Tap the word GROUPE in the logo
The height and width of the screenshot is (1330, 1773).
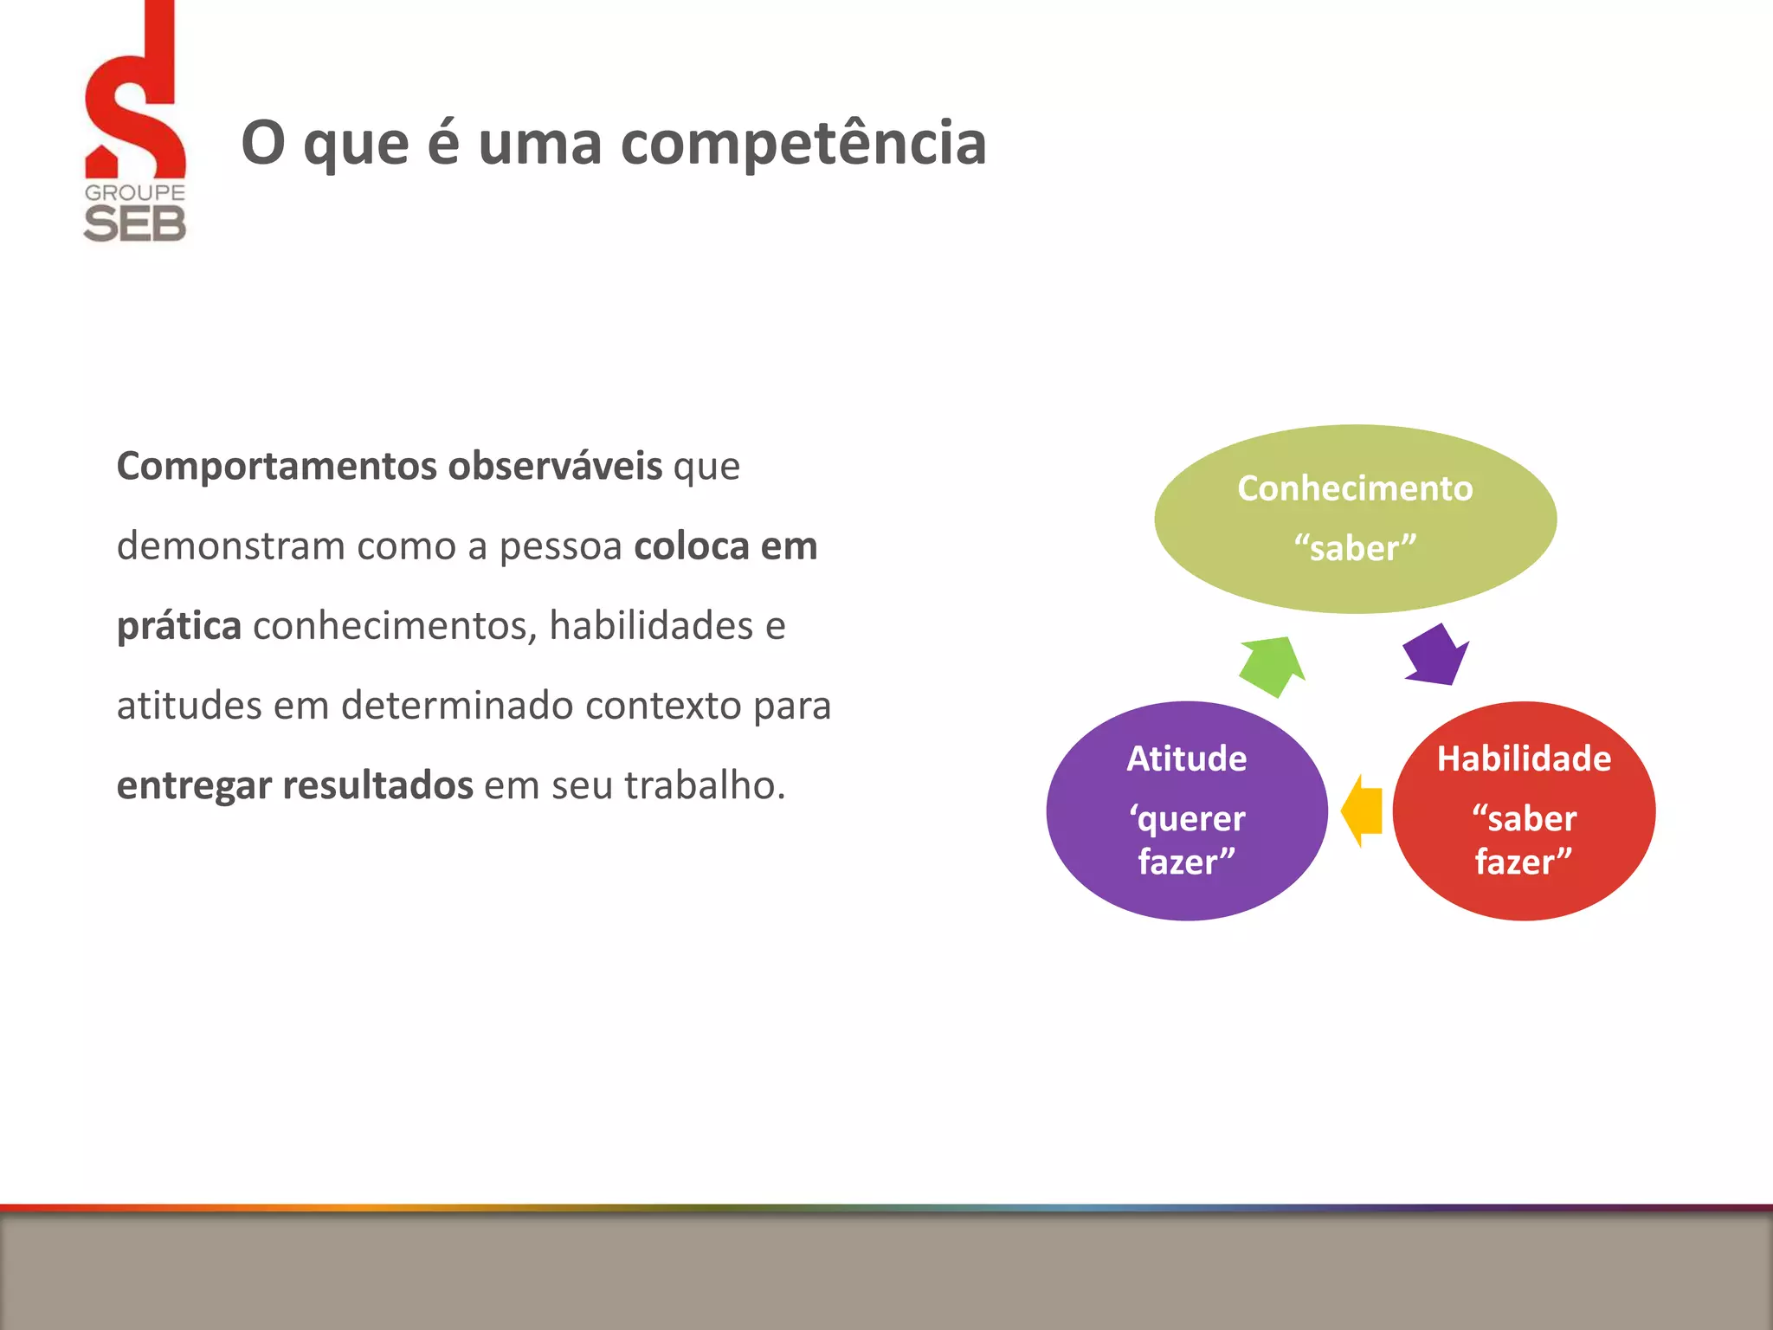(135, 192)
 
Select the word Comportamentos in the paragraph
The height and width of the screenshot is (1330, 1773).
(277, 467)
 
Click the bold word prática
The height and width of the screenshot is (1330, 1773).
(178, 626)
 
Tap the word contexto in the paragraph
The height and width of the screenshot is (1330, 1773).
(663, 705)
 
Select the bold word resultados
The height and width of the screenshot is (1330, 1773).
(377, 785)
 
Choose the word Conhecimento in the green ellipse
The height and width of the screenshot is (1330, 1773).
(1355, 488)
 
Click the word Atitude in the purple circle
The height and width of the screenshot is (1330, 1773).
(1186, 759)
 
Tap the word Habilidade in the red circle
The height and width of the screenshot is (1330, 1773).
(1524, 759)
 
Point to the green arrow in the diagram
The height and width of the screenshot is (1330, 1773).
(1272, 665)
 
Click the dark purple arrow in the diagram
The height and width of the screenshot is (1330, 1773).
(1435, 655)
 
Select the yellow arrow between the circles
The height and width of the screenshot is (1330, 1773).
(1362, 810)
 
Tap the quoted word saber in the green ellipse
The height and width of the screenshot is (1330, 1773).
(1355, 548)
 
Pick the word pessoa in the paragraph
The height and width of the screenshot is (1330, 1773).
(560, 546)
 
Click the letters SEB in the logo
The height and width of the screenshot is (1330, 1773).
(135, 224)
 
